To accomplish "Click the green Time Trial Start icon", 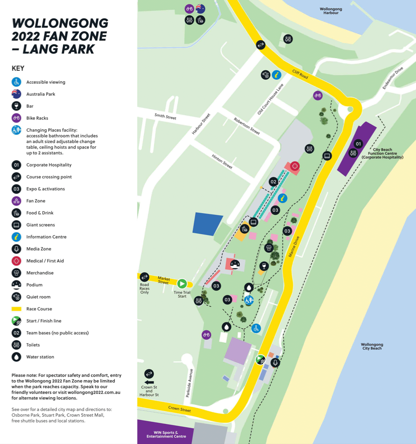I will tap(182, 284).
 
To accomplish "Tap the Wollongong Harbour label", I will tap(330, 11).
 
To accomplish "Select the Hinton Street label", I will tap(222, 162).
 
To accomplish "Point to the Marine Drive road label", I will tap(294, 246).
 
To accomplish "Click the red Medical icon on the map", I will tap(294, 166).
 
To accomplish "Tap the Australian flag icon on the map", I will tap(200, 8).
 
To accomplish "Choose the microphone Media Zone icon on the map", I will tap(275, 363).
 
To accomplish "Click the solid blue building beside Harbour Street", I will tap(207, 224).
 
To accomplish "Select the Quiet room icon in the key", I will tap(16, 297).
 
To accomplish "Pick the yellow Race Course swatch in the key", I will tap(16, 309).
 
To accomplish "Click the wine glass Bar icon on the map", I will tap(264, 266).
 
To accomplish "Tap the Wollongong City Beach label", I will tap(372, 346).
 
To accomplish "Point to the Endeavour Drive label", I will tap(392, 78).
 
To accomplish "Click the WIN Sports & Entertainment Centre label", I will tap(166, 434).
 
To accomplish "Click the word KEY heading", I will tap(18, 68).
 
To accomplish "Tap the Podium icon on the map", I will tap(235, 264).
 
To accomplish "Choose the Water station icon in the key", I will tap(16, 357).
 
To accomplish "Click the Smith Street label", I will tap(165, 117).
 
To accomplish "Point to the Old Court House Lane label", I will tap(270, 99).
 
